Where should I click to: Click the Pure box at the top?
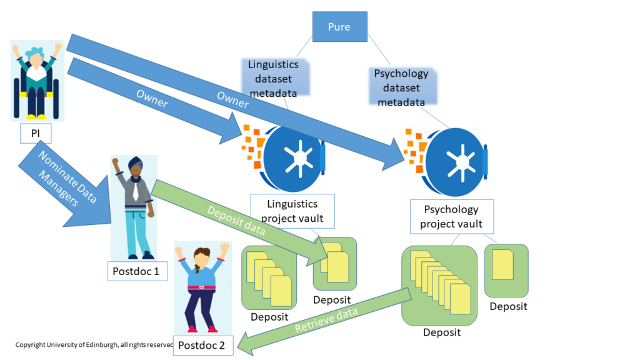(338, 27)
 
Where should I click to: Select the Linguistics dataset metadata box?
(273, 77)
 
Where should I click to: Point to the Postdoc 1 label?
(136, 271)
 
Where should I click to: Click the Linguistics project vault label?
(292, 211)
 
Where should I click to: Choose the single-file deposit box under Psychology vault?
(506, 270)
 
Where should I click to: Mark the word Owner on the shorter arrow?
(151, 99)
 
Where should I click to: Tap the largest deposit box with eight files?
(440, 285)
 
